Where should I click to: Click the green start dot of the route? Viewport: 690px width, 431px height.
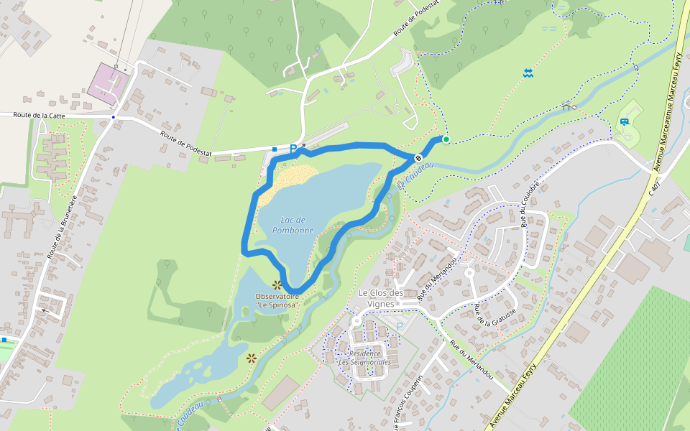pyautogui.click(x=446, y=139)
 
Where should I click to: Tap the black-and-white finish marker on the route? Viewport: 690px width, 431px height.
pyautogui.click(x=418, y=157)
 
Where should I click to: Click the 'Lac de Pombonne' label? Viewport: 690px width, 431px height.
pyautogui.click(x=293, y=225)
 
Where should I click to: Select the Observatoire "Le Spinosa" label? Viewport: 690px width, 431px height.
pyautogui.click(x=277, y=300)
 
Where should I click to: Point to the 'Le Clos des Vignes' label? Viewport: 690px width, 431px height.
pyautogui.click(x=381, y=298)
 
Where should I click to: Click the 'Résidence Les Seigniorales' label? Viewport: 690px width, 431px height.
pyautogui.click(x=364, y=358)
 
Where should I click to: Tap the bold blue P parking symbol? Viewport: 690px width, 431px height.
pyautogui.click(x=293, y=149)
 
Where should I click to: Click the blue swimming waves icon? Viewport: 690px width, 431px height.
pyautogui.click(x=528, y=73)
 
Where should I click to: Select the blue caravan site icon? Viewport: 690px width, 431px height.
pyautogui.click(x=624, y=122)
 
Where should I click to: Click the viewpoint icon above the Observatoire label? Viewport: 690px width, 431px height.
pyautogui.click(x=277, y=285)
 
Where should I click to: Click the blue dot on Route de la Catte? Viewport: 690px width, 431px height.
pyautogui.click(x=113, y=116)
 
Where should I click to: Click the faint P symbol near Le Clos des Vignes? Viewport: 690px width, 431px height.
pyautogui.click(x=399, y=328)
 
